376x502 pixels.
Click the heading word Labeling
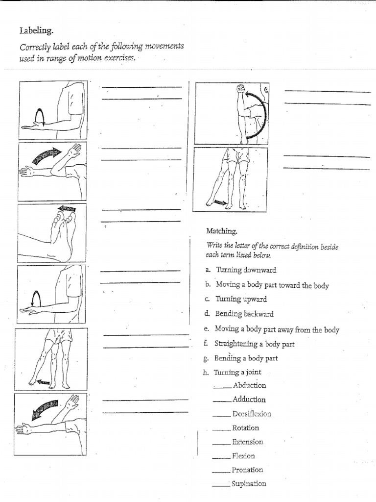pos(35,31)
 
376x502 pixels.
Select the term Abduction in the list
pos(249,385)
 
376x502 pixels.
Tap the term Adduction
pos(249,400)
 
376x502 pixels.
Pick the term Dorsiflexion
pos(252,414)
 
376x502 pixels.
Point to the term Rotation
pos(246,427)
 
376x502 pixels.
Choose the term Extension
pos(248,442)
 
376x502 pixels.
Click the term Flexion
pos(243,456)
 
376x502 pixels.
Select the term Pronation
pos(247,470)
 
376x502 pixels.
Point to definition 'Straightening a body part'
pos(254,344)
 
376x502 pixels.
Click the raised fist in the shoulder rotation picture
pos(240,90)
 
